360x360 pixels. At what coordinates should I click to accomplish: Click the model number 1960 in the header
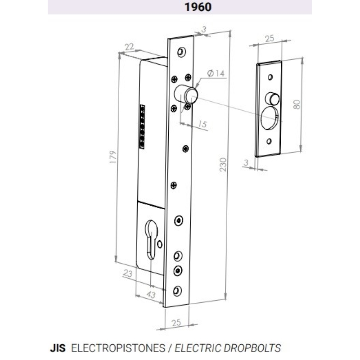coord(198,7)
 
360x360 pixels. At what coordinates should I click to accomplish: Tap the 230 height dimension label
coord(223,165)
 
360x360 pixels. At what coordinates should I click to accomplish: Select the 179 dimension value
coord(113,157)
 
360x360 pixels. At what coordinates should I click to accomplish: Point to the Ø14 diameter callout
coord(216,73)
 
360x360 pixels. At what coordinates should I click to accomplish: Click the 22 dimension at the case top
coord(129,47)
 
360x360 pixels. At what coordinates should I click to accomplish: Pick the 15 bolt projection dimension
coord(202,124)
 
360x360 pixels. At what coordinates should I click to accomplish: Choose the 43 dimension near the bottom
coord(151,294)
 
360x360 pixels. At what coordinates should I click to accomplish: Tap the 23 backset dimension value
coord(128,273)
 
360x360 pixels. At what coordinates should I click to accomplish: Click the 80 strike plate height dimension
coord(297,104)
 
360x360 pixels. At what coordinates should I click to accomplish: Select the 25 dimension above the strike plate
coord(270,38)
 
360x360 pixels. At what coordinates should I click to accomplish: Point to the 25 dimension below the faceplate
coord(176,323)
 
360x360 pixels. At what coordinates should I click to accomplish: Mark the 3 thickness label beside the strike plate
coord(246,162)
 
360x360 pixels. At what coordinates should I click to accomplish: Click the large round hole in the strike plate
coord(270,118)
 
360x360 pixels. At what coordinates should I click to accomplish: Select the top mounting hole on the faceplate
coord(182,52)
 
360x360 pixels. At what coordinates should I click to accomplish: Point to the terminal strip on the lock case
coord(142,127)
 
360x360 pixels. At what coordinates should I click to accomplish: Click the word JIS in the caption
coord(58,348)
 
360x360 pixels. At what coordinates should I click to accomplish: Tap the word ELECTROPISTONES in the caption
coord(118,348)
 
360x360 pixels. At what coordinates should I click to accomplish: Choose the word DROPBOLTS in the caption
coord(252,348)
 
